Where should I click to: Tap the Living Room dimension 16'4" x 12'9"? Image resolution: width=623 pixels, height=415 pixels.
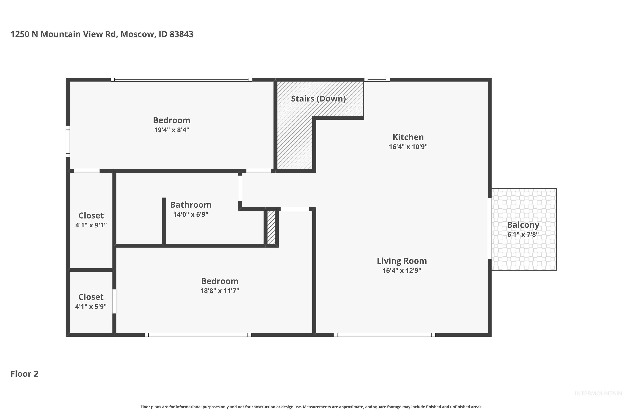pos(402,271)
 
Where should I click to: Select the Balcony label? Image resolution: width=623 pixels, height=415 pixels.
pos(523,225)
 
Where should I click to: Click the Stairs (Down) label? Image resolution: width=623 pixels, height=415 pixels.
pos(318,99)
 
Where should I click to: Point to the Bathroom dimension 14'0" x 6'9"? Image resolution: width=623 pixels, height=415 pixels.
pos(191,214)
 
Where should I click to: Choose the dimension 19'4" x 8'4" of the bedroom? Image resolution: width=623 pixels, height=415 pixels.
pos(172,130)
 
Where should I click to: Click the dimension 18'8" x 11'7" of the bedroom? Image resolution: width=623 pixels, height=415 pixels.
pos(220,291)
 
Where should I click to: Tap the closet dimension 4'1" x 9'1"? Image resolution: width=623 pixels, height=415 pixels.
pos(91,225)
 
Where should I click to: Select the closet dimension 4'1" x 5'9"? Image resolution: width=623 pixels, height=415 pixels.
pos(91,306)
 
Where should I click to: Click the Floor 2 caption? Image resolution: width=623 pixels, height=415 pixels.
pos(24,374)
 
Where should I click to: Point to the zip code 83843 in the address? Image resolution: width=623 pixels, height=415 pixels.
pos(182,34)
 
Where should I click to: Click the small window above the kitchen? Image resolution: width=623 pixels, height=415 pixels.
pos(377,79)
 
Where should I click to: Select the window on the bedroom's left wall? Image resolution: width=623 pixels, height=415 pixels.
pos(68,142)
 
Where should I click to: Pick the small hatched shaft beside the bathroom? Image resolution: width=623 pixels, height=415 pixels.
pos(271,227)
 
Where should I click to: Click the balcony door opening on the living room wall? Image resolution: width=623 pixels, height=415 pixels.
pos(489,228)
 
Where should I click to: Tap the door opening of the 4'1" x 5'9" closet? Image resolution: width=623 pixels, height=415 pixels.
pos(114,301)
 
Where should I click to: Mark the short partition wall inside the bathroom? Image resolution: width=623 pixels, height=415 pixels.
pos(164,221)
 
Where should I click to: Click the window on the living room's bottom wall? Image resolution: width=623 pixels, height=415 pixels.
pos(384,335)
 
